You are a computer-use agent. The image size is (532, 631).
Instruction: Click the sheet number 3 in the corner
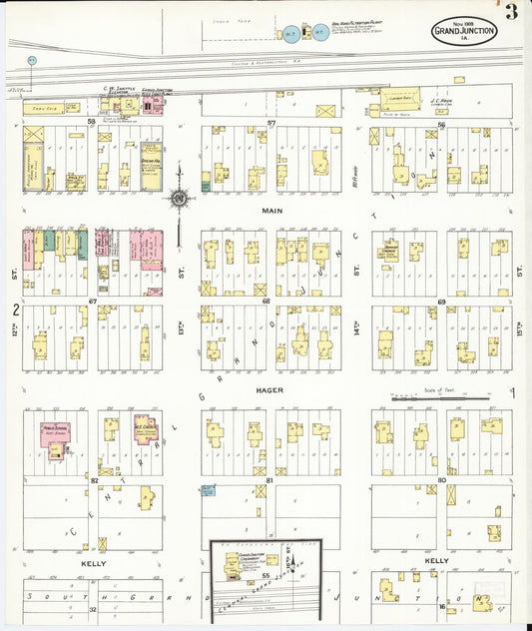[510, 12]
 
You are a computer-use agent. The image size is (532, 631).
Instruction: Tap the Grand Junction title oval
[463, 32]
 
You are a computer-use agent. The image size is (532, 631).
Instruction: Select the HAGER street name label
[269, 390]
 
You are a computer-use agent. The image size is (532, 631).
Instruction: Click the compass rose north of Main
[179, 199]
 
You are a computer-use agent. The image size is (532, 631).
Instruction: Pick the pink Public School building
[54, 433]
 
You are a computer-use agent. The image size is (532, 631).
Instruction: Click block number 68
[266, 301]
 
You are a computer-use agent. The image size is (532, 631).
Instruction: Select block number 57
[270, 123]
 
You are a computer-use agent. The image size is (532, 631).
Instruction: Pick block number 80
[441, 480]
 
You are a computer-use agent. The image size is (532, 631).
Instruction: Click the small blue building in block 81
[208, 490]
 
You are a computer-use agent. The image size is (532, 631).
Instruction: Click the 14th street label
[355, 326]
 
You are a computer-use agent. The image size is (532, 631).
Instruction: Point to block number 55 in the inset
[266, 577]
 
